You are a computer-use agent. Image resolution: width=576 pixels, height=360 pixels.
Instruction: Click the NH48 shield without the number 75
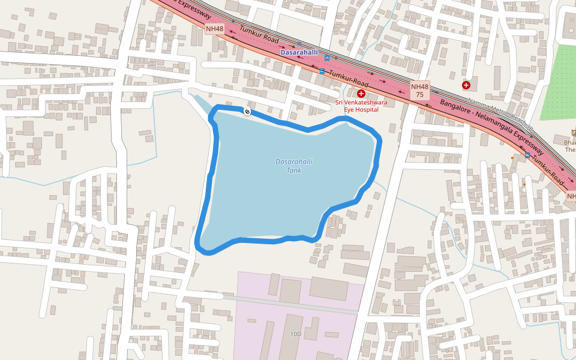214,28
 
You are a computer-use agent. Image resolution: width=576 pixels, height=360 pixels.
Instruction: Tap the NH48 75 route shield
420,91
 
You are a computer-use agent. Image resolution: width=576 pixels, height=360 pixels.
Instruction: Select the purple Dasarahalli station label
299,53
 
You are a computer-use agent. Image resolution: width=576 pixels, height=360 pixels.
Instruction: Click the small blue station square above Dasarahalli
299,44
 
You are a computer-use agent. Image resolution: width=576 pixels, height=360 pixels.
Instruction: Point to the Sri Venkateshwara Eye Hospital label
361,106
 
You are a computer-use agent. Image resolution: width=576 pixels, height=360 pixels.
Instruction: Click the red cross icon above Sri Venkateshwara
361,94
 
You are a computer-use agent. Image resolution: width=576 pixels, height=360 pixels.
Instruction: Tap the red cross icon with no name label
466,85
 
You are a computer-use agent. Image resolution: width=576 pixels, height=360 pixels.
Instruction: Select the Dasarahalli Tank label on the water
294,166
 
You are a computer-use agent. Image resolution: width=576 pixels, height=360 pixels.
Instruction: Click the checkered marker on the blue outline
247,111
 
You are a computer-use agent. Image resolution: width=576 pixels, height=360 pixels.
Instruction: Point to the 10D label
295,334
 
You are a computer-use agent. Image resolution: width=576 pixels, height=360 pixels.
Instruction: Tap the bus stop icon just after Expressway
527,155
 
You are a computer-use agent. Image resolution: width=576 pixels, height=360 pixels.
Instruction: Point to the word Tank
294,171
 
